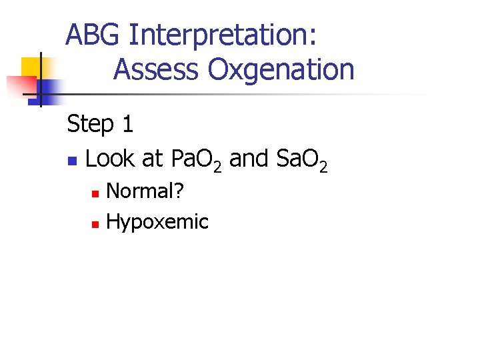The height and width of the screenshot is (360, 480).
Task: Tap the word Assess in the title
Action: [157, 69]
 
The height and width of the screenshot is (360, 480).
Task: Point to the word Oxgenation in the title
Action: [281, 70]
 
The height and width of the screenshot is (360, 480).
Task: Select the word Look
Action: [109, 159]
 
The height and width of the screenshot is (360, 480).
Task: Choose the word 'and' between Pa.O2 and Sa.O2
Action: [247, 159]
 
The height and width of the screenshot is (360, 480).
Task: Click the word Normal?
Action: [145, 191]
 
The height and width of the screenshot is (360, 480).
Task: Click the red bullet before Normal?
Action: [95, 193]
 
